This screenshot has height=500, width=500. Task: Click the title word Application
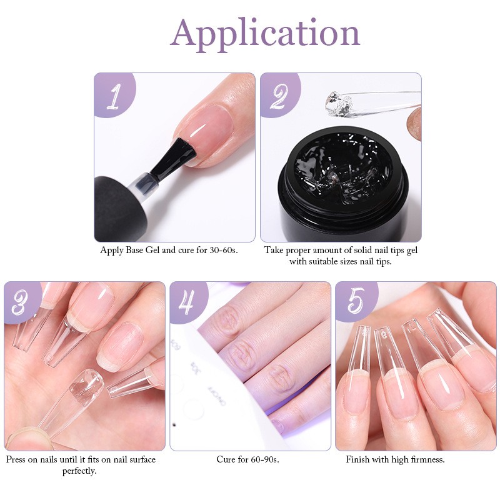[x=265, y=32]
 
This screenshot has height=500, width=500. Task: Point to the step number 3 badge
[x=21, y=302]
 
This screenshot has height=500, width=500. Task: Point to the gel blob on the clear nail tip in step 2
[x=337, y=101]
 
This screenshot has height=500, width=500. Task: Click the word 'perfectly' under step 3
[x=79, y=471]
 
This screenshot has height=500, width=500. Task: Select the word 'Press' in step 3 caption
[x=17, y=459]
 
